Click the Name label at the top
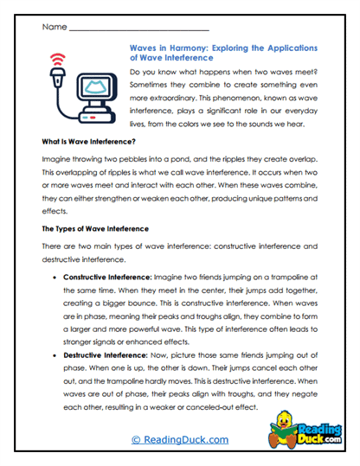[52, 28]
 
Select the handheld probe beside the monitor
[58, 87]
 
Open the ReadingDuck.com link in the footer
[179, 439]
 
